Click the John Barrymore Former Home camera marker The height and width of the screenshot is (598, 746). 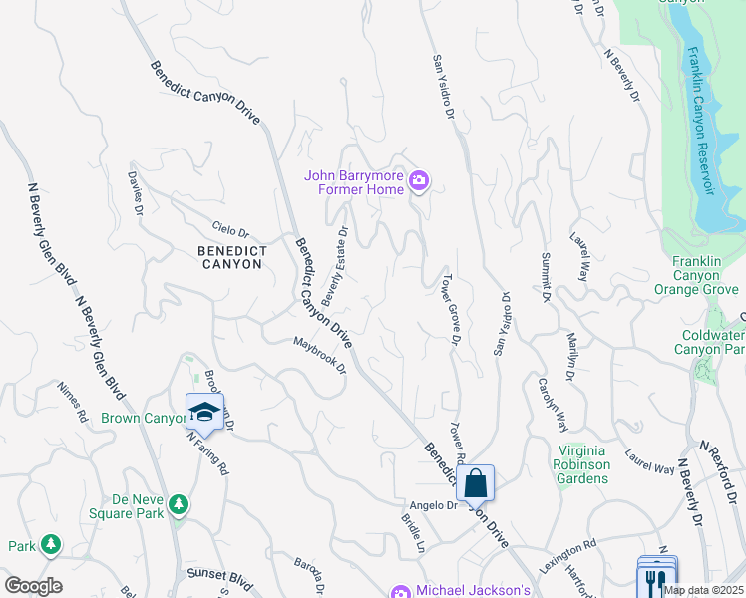[420, 181]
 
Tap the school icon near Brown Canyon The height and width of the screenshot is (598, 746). [203, 411]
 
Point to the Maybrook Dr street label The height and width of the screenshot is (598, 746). [318, 356]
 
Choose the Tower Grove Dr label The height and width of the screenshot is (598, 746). [451, 309]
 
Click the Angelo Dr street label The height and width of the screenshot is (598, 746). [436, 505]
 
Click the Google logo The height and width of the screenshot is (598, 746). [32, 586]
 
